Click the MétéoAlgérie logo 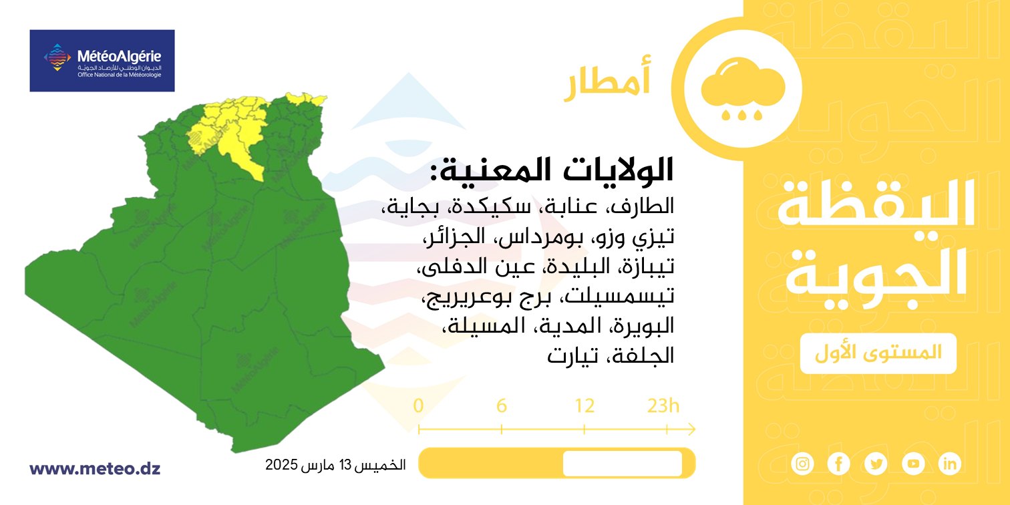102,61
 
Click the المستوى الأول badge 878,353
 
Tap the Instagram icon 802,464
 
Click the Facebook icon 839,464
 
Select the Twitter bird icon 876,464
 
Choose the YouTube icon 913,464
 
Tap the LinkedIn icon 950,464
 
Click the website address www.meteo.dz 95,468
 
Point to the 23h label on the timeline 663,406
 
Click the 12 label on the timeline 584,406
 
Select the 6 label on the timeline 502,406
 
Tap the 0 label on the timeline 418,406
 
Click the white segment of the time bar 623,463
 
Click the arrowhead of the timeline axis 691,430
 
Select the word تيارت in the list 572,356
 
